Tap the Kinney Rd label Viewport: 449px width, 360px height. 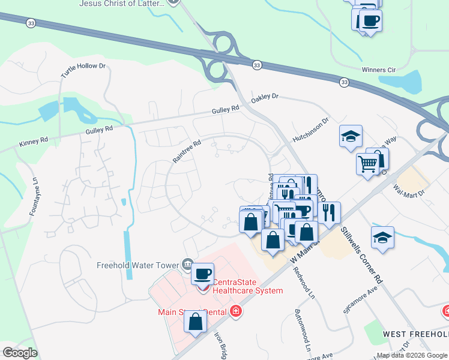pyautogui.click(x=33, y=142)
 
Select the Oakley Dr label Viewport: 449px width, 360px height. pyautogui.click(x=265, y=97)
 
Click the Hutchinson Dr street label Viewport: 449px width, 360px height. pyautogui.click(x=311, y=130)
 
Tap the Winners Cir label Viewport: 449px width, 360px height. pyautogui.click(x=379, y=70)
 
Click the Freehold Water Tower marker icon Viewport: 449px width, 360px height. pyautogui.click(x=187, y=264)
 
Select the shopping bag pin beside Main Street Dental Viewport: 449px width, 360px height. pyautogui.click(x=196, y=322)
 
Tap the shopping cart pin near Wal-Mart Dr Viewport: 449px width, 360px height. pyautogui.click(x=368, y=163)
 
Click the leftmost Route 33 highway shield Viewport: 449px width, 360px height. pyautogui.click(x=31, y=23)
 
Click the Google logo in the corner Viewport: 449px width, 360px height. pyautogui.click(x=20, y=353)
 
